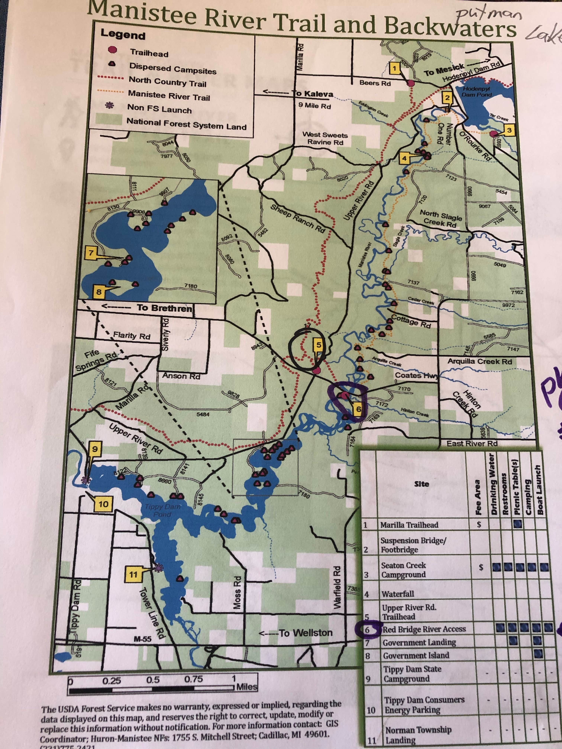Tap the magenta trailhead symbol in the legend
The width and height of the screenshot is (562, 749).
[x=112, y=51]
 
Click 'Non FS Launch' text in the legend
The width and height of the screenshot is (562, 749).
[x=159, y=109]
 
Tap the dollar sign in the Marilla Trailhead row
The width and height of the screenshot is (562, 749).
[x=479, y=524]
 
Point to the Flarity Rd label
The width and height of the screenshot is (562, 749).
[x=131, y=336]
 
